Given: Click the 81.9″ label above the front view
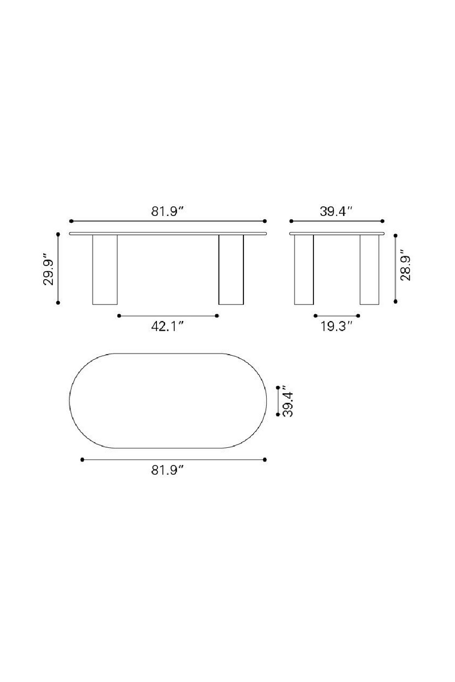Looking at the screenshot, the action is (x=168, y=211).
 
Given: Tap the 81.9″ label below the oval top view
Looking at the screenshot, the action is (x=168, y=471).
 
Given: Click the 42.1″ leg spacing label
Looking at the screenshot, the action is (x=168, y=327).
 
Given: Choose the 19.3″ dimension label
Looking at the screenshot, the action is (x=337, y=327).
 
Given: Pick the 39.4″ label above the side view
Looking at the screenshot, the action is (x=337, y=211).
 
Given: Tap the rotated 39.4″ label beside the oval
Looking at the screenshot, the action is (x=288, y=401).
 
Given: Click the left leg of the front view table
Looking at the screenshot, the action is (x=105, y=269).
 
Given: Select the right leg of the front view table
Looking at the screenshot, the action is (x=231, y=269).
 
